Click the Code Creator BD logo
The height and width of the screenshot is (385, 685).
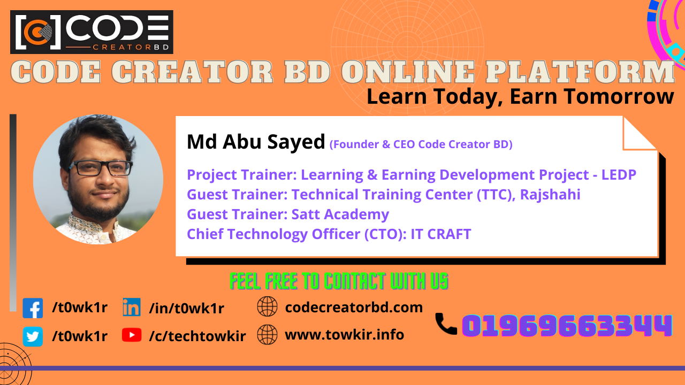click(x=92, y=32)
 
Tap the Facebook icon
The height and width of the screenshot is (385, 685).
click(x=33, y=309)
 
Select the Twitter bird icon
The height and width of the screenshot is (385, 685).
click(x=33, y=336)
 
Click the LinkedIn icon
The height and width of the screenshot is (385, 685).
click(x=131, y=307)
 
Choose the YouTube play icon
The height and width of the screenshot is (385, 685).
click(x=132, y=335)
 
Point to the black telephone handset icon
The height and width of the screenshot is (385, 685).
click(x=445, y=324)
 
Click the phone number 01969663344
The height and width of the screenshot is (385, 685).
click(x=567, y=326)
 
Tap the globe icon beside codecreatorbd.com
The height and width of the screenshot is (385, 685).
click(x=267, y=307)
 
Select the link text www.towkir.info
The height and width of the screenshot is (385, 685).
click(x=344, y=335)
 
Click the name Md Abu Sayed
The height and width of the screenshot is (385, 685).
click(x=256, y=142)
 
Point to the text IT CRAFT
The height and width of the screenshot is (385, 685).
click(x=441, y=234)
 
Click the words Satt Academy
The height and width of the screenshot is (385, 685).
click(x=340, y=214)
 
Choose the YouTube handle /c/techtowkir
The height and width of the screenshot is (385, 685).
click(x=197, y=336)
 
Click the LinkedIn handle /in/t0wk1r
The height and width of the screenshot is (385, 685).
click(x=186, y=308)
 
